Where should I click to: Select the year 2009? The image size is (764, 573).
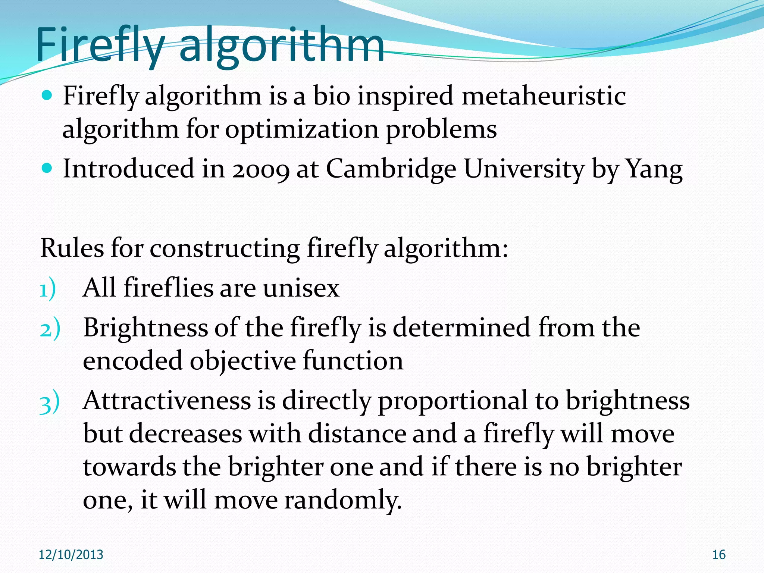[261, 169]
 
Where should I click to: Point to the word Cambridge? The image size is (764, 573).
[391, 169]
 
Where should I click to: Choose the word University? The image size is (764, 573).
[523, 169]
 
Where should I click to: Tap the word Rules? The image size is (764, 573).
[72, 248]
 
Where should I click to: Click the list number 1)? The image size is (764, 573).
[48, 289]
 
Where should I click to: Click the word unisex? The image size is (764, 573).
[301, 288]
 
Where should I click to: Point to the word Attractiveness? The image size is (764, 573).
[167, 401]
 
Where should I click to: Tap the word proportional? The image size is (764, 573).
[453, 401]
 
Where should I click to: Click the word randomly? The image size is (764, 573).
[343, 500]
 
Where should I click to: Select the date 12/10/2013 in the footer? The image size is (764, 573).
[71, 555]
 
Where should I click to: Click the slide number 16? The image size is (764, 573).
[719, 555]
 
